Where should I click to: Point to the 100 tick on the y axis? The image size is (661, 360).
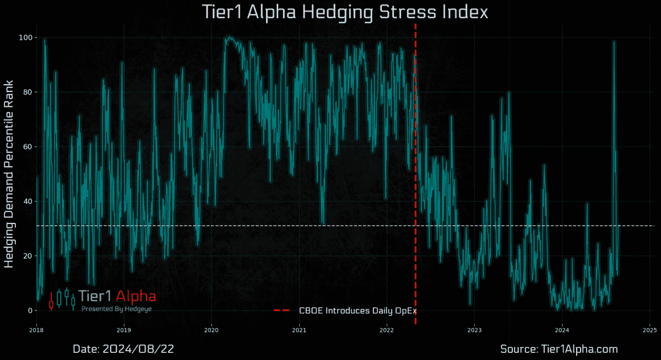pyautogui.click(x=24, y=37)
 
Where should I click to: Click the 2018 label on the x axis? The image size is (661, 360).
pyautogui.click(x=36, y=330)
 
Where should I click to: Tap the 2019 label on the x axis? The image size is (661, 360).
pyautogui.click(x=124, y=330)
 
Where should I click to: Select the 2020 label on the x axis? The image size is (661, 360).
pyautogui.click(x=212, y=330)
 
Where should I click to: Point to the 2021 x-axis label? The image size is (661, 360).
pyautogui.click(x=299, y=330)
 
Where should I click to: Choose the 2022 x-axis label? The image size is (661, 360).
pyautogui.click(x=387, y=330)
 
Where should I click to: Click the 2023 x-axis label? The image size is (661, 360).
pyautogui.click(x=474, y=330)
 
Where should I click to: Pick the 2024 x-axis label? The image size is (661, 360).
pyautogui.click(x=562, y=330)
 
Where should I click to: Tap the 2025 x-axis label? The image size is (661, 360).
pyautogui.click(x=649, y=330)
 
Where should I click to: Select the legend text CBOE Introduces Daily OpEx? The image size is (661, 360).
pyautogui.click(x=357, y=310)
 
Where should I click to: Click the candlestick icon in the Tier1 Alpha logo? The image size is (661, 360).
pyautogui.click(x=62, y=299)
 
